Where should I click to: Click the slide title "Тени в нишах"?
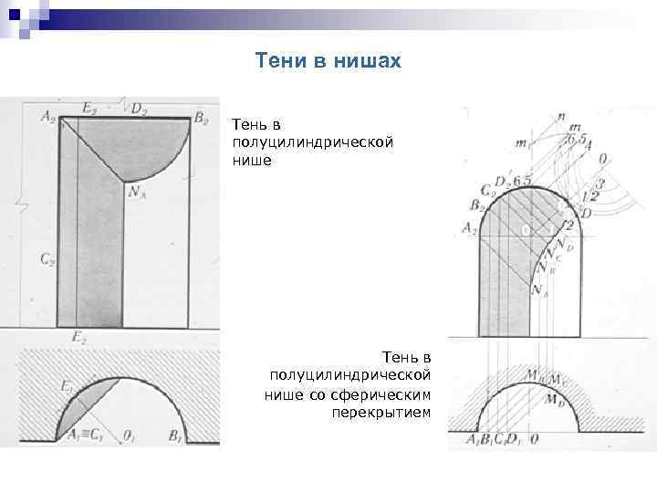328,60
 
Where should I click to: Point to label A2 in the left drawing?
48,115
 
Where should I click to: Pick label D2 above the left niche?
139,110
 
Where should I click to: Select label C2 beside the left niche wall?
47,258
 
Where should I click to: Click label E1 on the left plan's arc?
67,388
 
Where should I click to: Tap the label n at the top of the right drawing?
561,116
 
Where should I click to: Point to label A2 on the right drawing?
470,229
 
